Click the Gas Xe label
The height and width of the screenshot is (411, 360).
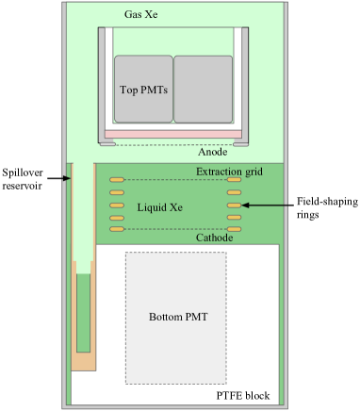(142, 17)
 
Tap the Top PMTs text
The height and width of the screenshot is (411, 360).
(142, 90)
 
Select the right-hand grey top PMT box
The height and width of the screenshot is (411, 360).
(203, 89)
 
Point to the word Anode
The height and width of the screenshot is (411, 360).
(213, 151)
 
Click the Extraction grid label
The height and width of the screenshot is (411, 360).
(228, 171)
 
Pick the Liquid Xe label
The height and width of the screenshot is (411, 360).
(159, 206)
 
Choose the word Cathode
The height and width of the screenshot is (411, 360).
(214, 238)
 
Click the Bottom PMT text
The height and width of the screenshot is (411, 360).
(178, 317)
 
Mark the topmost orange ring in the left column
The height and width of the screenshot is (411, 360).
(117, 179)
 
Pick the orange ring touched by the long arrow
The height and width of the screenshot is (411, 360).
(235, 205)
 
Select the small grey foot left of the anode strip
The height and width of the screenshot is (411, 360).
(108, 144)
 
